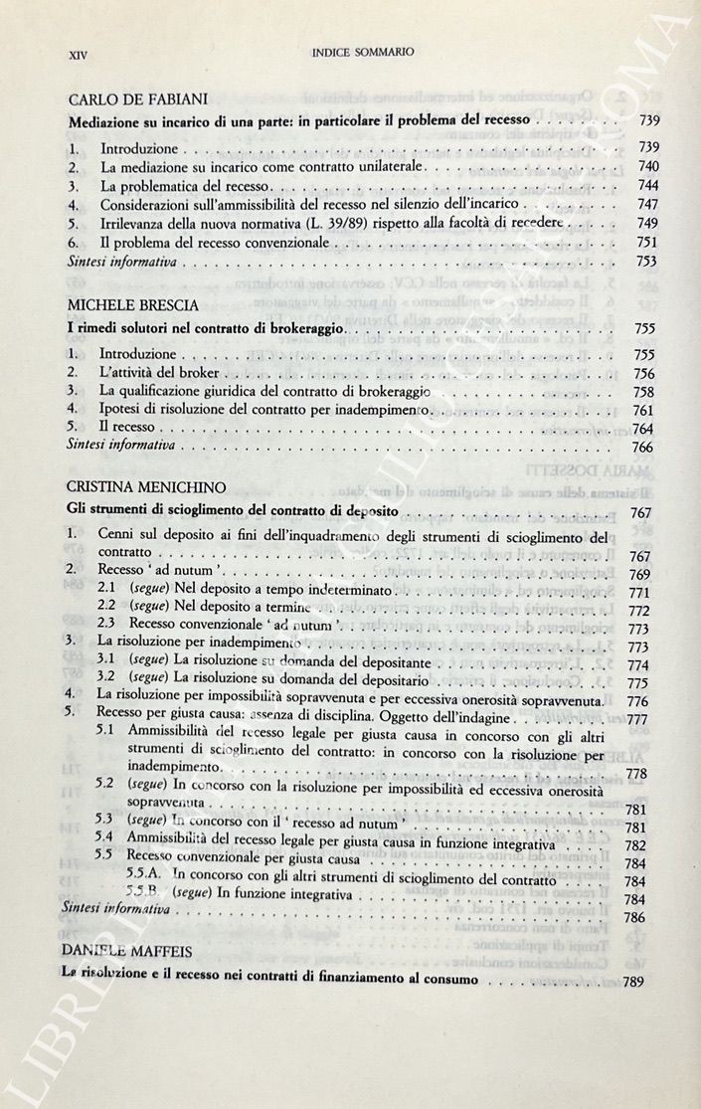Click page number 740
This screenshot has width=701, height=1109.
click(647, 166)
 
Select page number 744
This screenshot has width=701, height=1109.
click(647, 186)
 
